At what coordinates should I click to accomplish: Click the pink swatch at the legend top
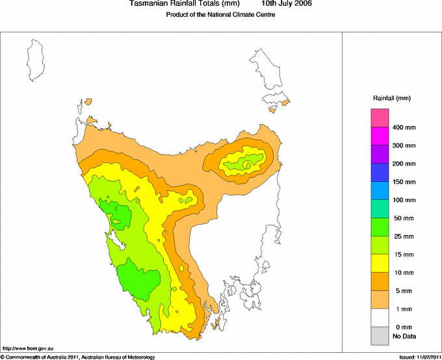(x=380, y=118)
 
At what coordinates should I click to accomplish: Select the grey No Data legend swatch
(x=380, y=335)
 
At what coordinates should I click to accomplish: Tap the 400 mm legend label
(x=404, y=127)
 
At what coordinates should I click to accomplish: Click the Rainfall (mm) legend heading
(x=392, y=98)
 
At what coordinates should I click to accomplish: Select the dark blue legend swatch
(x=380, y=172)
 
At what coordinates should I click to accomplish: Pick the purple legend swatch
(x=380, y=154)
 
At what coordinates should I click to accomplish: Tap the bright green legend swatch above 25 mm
(x=380, y=226)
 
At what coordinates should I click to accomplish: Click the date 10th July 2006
(x=287, y=4)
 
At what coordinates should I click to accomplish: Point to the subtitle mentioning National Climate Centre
(x=216, y=15)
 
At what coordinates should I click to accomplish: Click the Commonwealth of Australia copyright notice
(x=78, y=357)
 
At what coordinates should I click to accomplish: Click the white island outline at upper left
(x=36, y=59)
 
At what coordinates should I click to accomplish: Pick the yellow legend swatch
(x=380, y=263)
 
